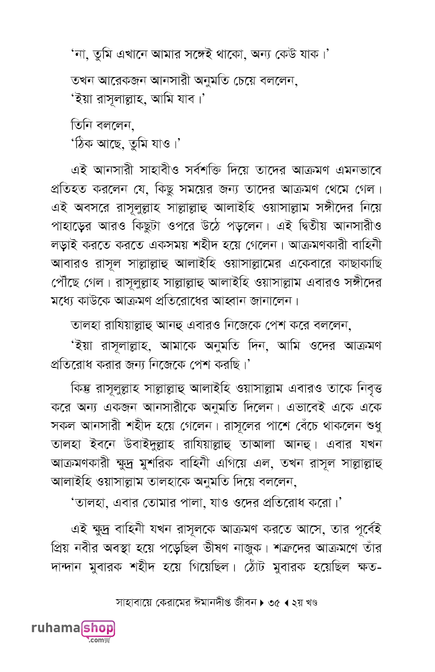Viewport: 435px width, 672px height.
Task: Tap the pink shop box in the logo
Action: [98, 628]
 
